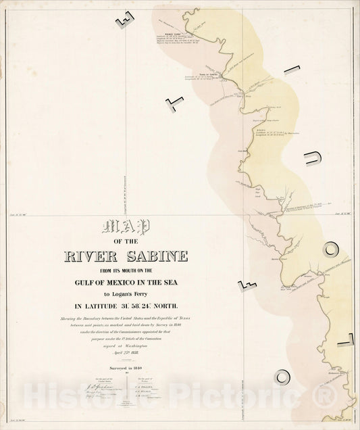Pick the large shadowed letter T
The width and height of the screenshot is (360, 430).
tap(174, 102)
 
